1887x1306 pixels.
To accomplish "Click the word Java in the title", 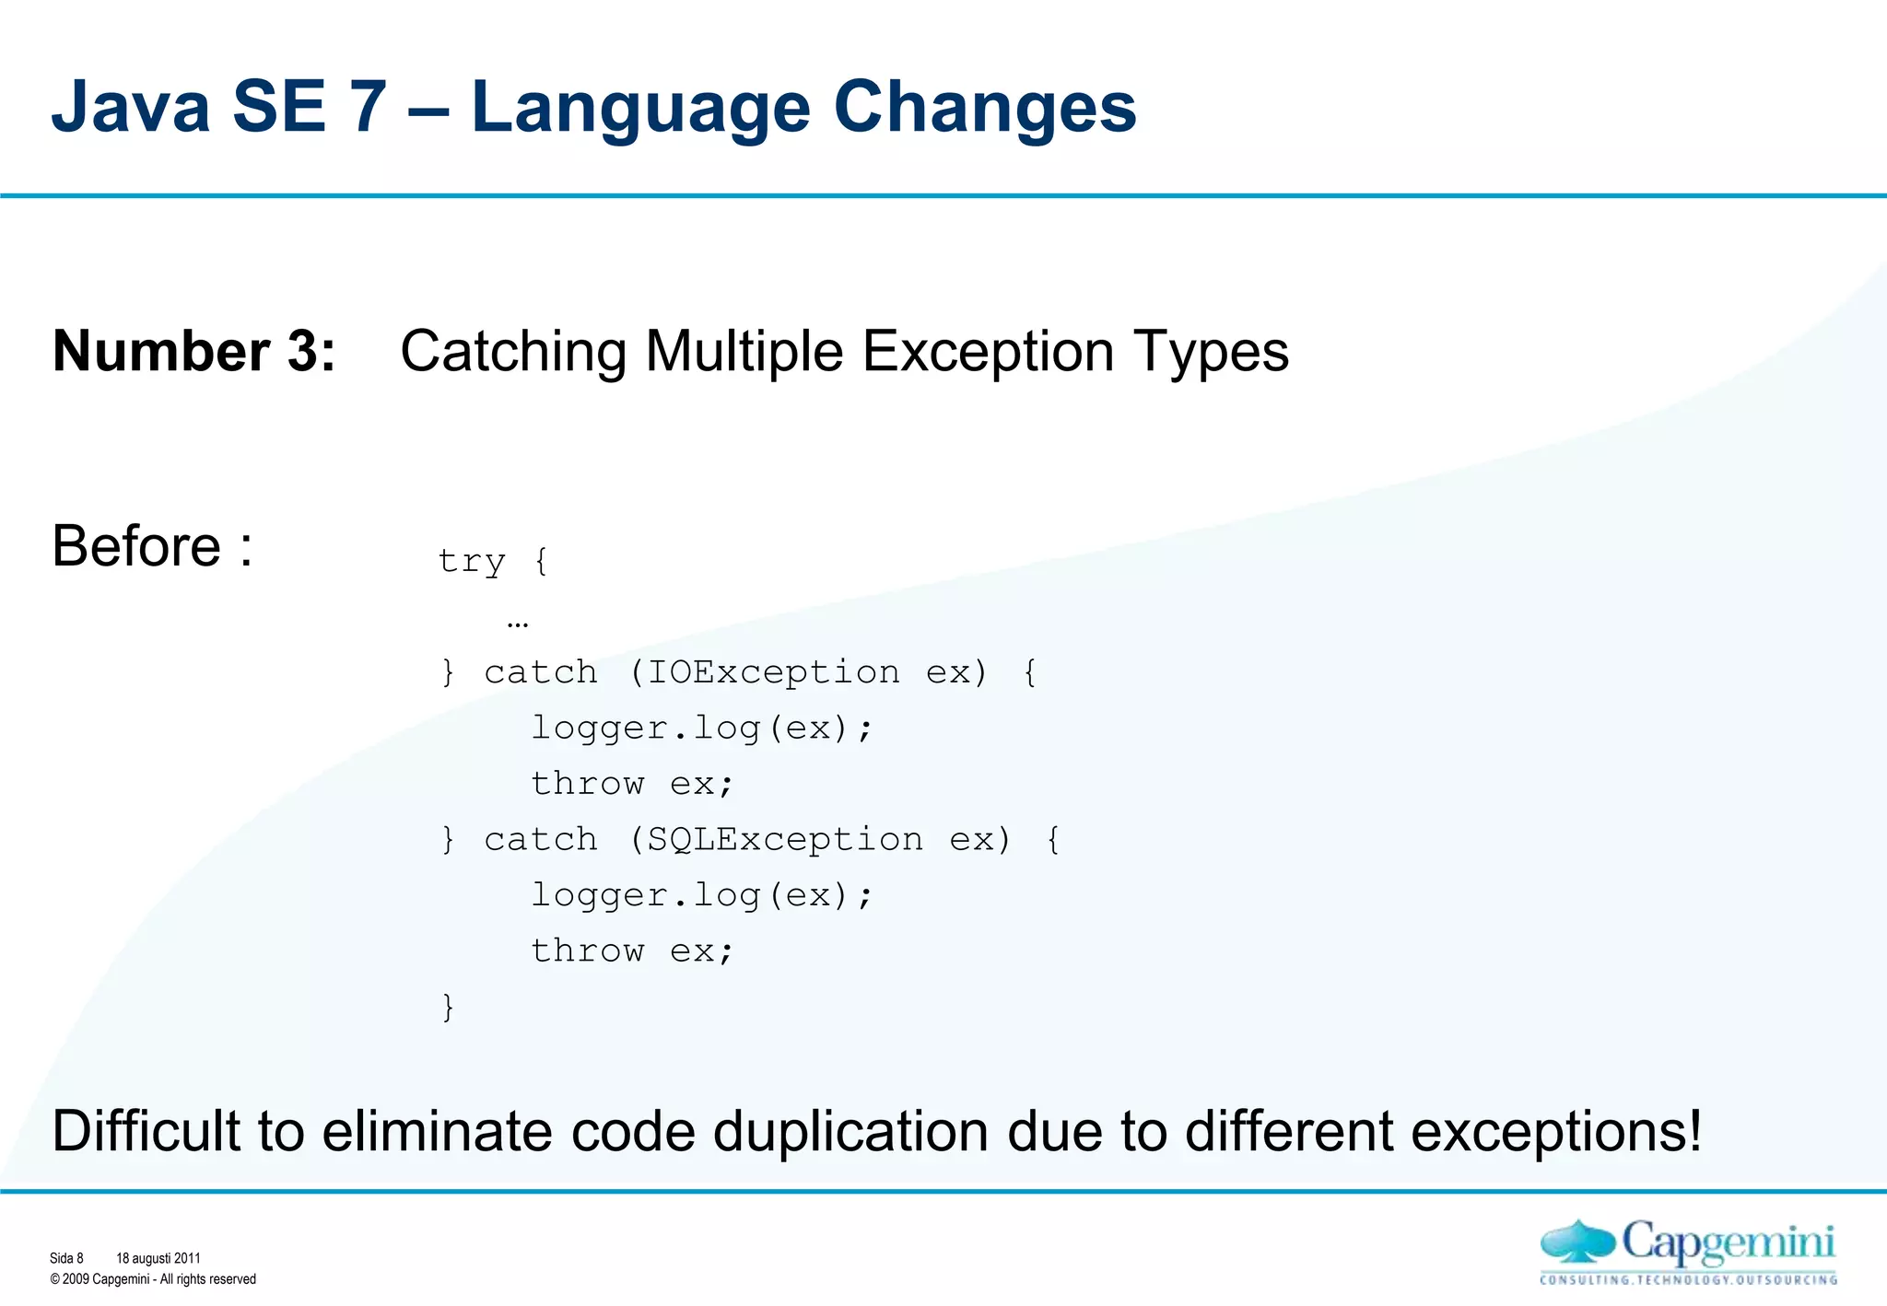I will click(x=131, y=108).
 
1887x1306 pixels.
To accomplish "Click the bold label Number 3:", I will click(x=194, y=352).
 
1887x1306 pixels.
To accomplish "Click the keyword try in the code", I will click(x=472, y=561).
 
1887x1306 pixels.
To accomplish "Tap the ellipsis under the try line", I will click(x=518, y=624).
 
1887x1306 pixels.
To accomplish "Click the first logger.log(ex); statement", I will click(x=701, y=729).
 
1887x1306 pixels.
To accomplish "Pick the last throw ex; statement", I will click(x=632, y=950).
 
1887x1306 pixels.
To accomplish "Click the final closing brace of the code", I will click(x=449, y=1007).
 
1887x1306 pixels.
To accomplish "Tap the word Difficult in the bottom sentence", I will click(x=148, y=1131).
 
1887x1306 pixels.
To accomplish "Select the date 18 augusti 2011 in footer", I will click(x=158, y=1258).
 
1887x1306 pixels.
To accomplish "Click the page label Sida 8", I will click(x=66, y=1258).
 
